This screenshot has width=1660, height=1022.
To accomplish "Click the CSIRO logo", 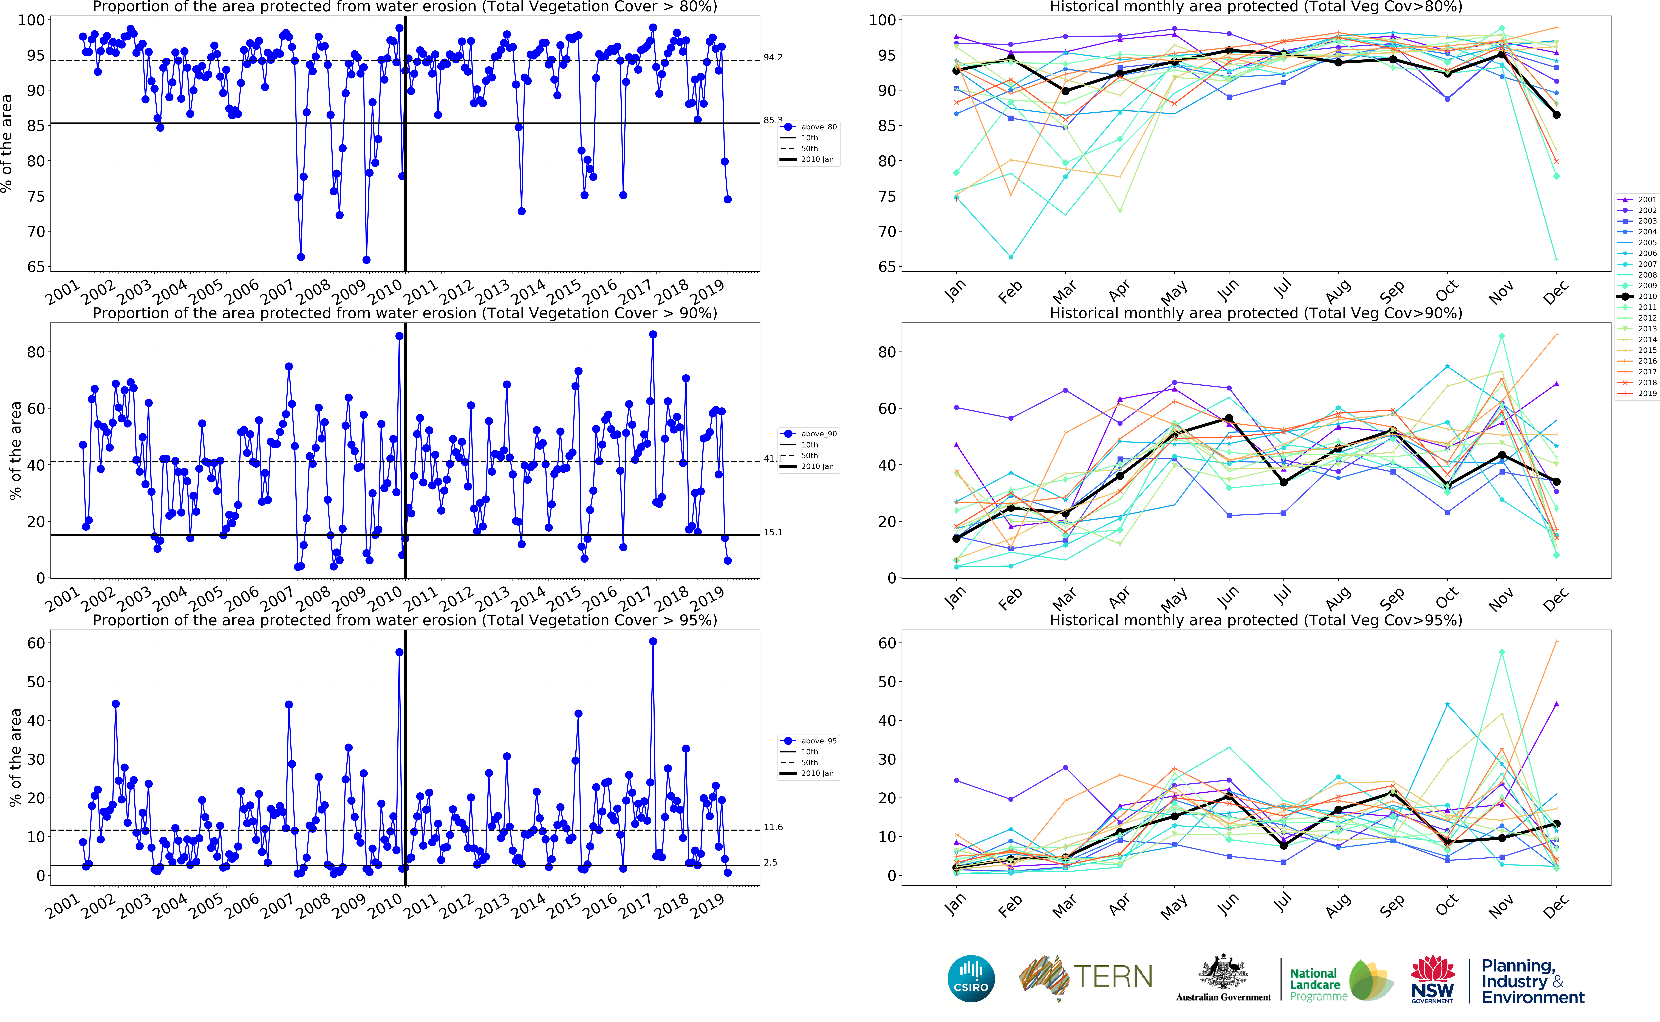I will (971, 978).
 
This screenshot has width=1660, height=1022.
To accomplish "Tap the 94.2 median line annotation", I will (773, 58).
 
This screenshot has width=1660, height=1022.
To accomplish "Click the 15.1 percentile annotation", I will (773, 532).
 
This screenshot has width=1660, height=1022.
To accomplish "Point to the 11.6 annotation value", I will (773, 827).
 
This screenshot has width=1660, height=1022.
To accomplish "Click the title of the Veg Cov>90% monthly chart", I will (1256, 313).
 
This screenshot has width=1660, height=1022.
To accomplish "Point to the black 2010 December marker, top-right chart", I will (1557, 115).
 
